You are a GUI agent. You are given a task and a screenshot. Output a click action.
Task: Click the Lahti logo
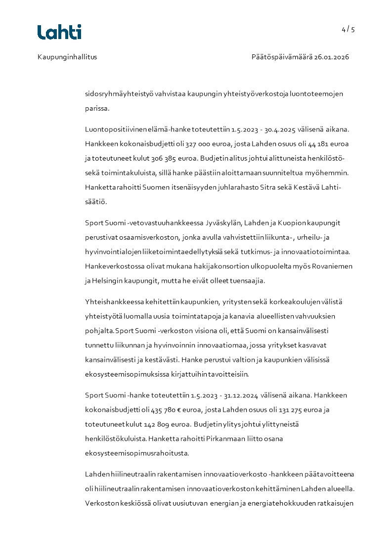[x=59, y=32]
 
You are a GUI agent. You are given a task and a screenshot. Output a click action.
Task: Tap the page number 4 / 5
[x=348, y=29]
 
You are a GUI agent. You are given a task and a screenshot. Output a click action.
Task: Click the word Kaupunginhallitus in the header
[x=67, y=57]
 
